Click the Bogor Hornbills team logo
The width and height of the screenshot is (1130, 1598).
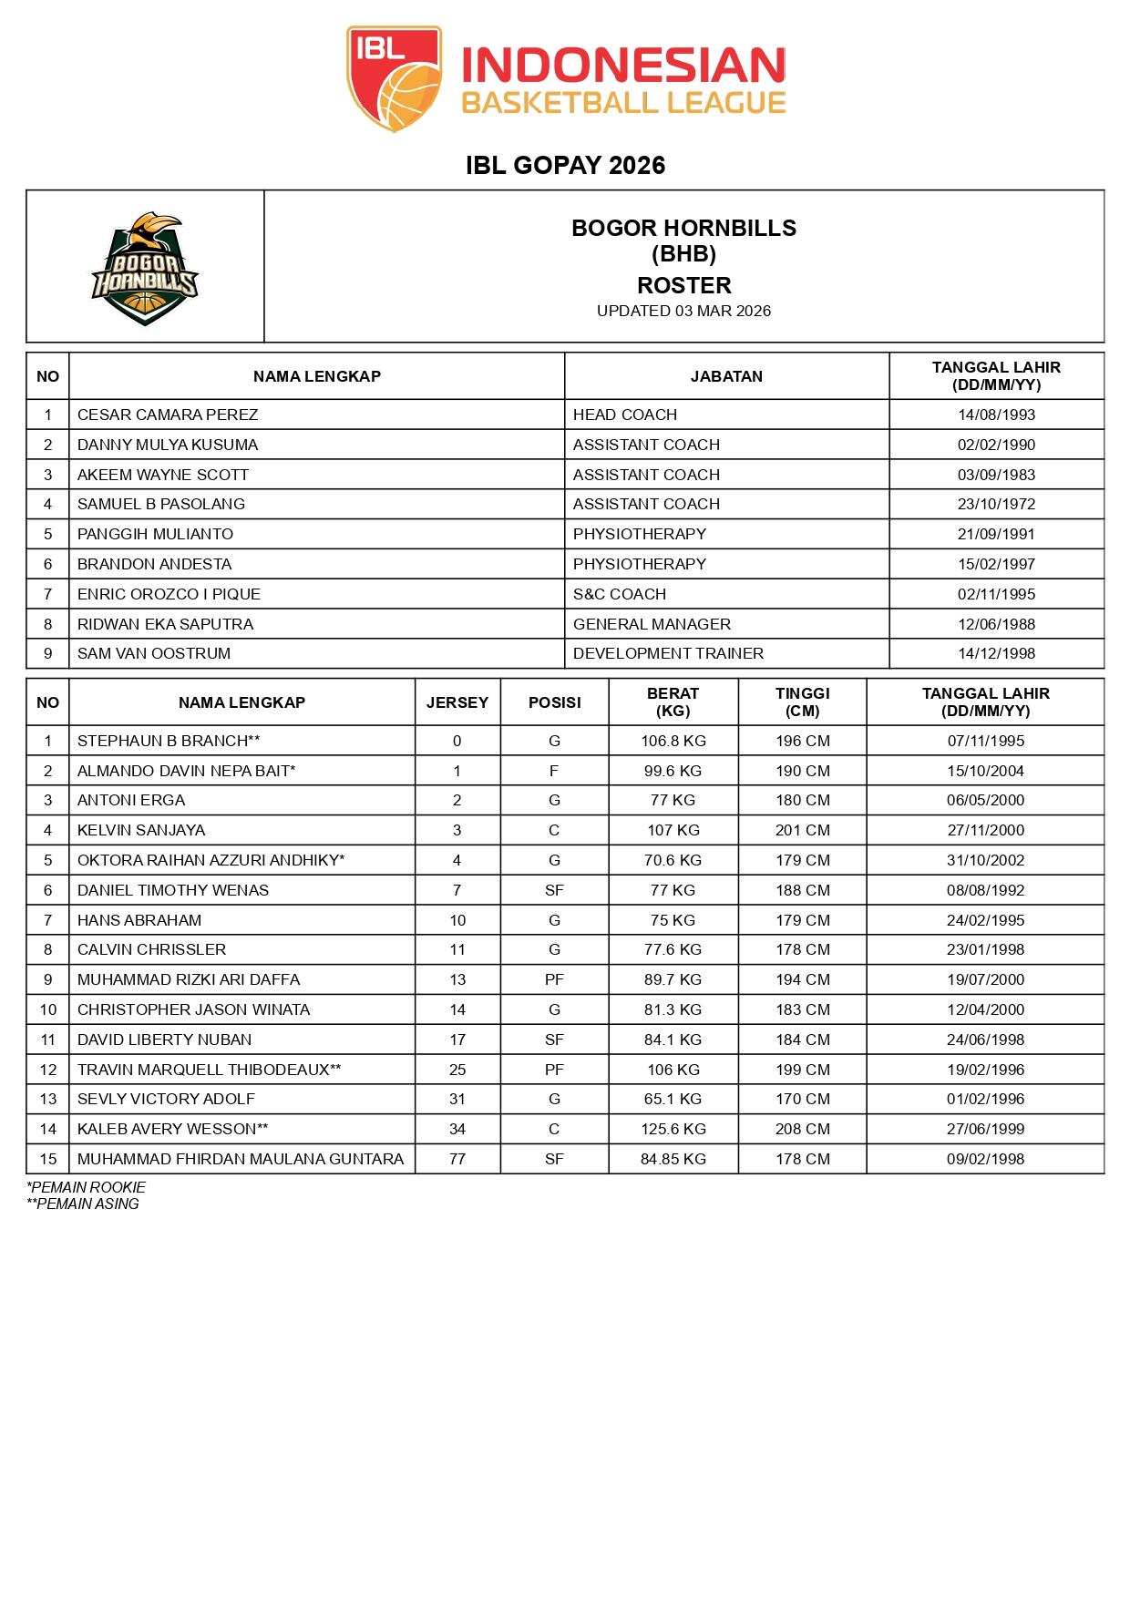pos(144,269)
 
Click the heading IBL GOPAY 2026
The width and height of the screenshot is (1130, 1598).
pos(565,165)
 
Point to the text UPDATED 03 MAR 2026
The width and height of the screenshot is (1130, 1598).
pos(683,311)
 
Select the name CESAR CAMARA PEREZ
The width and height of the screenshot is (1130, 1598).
pos(168,415)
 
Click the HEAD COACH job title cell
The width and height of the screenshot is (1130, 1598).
pos(625,415)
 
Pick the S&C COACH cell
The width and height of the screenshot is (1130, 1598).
pos(620,594)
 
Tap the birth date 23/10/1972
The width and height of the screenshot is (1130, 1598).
pos(996,504)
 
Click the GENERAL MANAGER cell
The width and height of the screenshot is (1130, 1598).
pos(652,624)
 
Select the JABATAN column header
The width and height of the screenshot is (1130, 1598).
pos(726,376)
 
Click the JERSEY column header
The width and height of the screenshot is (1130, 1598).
pos(457,702)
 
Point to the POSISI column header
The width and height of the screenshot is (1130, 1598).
pos(554,702)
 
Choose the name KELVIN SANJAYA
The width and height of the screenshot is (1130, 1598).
pos(141,830)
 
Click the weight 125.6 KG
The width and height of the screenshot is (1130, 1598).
pos(673,1129)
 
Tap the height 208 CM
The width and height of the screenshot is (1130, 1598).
pos(803,1129)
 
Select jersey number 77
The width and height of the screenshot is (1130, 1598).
pos(457,1159)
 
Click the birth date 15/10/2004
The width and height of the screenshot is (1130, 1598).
pos(985,771)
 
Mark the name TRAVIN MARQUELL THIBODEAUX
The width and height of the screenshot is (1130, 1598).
pos(203,1070)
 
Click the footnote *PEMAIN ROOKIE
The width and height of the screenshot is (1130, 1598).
pos(87,1187)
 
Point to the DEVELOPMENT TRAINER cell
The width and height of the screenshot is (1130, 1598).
pos(668,653)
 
